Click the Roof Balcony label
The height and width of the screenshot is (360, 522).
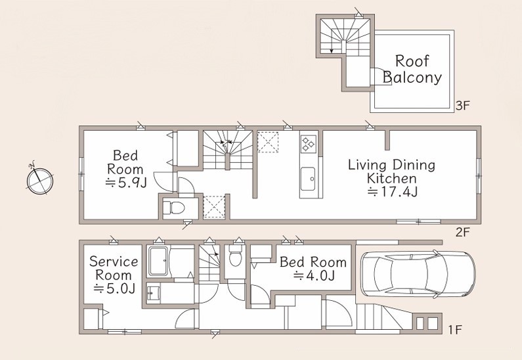pos(412,69)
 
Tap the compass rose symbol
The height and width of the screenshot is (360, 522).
pos(39,181)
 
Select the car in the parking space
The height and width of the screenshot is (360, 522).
pos(418,273)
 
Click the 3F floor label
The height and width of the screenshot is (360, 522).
pos(462,106)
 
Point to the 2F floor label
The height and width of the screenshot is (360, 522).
pos(462,232)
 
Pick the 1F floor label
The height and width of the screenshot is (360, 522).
pos(454,330)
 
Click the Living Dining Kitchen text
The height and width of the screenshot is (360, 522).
pos(391,171)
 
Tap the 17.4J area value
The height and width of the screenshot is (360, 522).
pos(392,192)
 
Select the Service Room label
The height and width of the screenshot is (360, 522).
pos(113,269)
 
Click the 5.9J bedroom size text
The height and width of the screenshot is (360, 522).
pos(126,183)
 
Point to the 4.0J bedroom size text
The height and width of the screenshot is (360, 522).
pos(314,276)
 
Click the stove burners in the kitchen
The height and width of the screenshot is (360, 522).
pos(307,144)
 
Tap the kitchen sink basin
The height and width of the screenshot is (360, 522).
pos(307,179)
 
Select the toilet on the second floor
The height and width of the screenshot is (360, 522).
pos(173,208)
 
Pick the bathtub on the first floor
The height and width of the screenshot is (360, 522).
pos(158,261)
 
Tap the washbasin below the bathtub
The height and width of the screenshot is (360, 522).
pos(154,294)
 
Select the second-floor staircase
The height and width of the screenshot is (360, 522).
pos(228,150)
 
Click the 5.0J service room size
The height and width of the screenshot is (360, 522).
pos(114,288)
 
